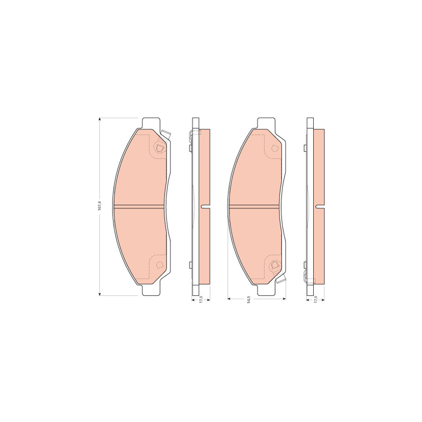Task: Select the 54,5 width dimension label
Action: [249, 300]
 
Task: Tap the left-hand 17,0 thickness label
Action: [201, 300]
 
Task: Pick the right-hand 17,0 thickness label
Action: [316, 300]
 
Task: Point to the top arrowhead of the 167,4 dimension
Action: [100, 120]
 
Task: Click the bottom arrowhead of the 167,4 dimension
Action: [100, 294]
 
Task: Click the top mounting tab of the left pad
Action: [151, 123]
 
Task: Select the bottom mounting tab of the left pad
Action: [151, 290]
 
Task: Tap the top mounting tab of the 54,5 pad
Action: [266, 123]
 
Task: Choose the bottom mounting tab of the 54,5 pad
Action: [266, 290]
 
